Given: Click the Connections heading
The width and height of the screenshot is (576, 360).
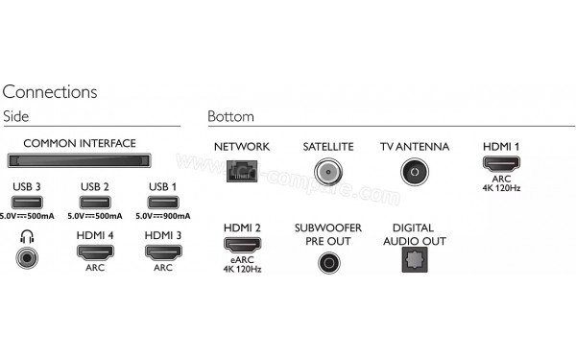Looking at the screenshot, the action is tap(50, 92).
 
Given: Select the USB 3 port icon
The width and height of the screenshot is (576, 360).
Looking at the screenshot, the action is tap(27, 202).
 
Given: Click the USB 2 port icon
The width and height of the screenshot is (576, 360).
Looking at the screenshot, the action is tap(94, 202).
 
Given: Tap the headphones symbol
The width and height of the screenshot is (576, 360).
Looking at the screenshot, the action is tap(27, 236).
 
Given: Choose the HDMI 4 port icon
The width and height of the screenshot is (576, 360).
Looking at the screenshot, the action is tap(94, 253).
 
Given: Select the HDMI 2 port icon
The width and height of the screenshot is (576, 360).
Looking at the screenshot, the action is tap(242, 245).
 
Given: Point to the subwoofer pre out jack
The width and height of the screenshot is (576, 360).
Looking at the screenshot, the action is tap(328, 261).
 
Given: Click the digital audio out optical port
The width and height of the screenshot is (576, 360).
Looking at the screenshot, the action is tap(414, 261).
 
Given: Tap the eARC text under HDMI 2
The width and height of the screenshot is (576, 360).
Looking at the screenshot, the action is tap(242, 259).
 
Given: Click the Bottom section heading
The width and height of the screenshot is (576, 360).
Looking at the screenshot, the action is tap(230, 117).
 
